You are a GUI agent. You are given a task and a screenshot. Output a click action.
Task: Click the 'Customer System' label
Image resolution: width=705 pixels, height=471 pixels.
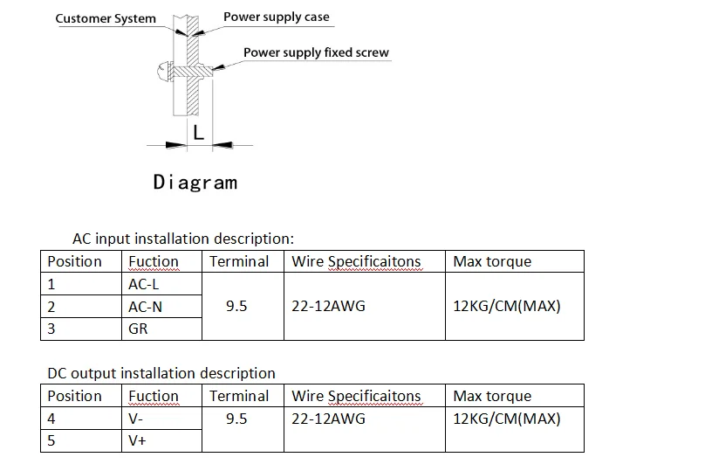point(106,18)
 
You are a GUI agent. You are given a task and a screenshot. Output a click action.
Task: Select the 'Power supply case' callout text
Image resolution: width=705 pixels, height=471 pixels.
point(277,17)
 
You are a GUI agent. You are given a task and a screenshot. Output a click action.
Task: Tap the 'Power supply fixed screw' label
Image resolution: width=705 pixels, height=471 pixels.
point(316,52)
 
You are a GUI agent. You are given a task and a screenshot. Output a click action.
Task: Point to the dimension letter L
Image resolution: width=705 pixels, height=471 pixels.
point(198,133)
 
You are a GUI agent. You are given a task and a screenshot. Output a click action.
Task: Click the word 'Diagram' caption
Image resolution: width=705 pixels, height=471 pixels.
point(195,182)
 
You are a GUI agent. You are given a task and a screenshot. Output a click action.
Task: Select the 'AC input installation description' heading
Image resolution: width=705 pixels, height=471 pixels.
point(182,239)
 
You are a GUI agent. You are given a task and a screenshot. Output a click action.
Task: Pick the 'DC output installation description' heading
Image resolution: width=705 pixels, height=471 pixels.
point(161,373)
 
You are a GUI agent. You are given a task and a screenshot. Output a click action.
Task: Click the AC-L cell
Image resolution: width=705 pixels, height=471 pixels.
point(144,284)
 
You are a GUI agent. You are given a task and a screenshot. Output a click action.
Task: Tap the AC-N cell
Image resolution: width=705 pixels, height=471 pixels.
point(145,307)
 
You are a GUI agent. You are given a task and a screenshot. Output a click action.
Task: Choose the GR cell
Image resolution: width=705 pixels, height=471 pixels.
point(138,329)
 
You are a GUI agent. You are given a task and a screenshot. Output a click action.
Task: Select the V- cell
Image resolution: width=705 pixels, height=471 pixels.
point(137,419)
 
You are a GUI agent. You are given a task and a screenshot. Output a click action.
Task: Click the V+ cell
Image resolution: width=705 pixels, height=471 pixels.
point(138,441)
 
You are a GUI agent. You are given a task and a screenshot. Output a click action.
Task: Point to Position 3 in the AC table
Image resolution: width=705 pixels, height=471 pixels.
point(51,329)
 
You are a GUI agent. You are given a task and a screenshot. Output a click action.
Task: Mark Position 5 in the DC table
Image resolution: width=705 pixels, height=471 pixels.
point(51,441)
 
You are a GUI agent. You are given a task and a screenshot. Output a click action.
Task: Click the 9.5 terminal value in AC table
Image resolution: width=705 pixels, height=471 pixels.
point(236,307)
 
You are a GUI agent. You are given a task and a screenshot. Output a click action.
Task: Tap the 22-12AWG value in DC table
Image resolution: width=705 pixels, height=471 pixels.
point(328,419)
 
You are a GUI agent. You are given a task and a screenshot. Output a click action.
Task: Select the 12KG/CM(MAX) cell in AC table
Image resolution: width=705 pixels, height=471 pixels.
point(507,307)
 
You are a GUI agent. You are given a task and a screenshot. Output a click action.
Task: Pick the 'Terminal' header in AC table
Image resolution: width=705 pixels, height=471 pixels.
point(239,261)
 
